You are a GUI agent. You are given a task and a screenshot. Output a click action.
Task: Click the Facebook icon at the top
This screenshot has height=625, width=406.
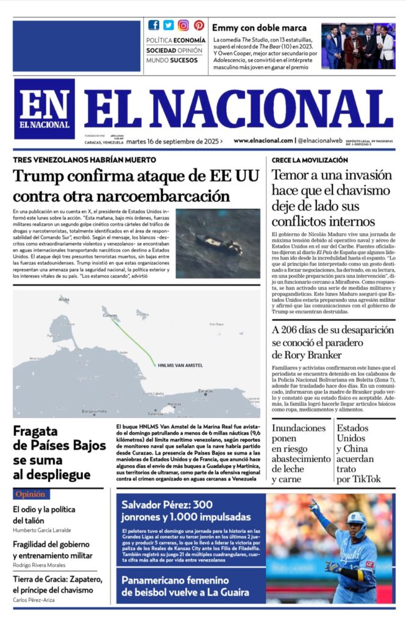[x=154, y=26]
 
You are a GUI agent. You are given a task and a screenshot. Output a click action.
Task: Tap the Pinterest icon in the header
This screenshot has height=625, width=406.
[x=199, y=26]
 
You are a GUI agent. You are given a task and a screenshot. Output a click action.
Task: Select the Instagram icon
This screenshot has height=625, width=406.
[x=183, y=26]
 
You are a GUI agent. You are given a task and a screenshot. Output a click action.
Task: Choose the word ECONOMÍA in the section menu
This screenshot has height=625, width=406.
[x=185, y=40]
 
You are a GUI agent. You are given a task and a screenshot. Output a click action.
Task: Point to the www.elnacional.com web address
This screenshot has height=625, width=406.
[x=263, y=140]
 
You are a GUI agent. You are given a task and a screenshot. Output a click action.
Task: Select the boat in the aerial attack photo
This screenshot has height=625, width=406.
[x=217, y=244]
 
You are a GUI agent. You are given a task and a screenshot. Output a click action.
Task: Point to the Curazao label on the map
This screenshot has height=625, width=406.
[x=110, y=315]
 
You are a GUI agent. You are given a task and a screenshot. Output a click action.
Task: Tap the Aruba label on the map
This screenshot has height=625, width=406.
[x=64, y=299]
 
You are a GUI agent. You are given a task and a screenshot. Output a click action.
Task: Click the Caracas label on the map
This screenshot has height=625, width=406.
[x=206, y=391]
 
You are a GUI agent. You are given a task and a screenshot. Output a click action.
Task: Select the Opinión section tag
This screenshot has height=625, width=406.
[x=30, y=494]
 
